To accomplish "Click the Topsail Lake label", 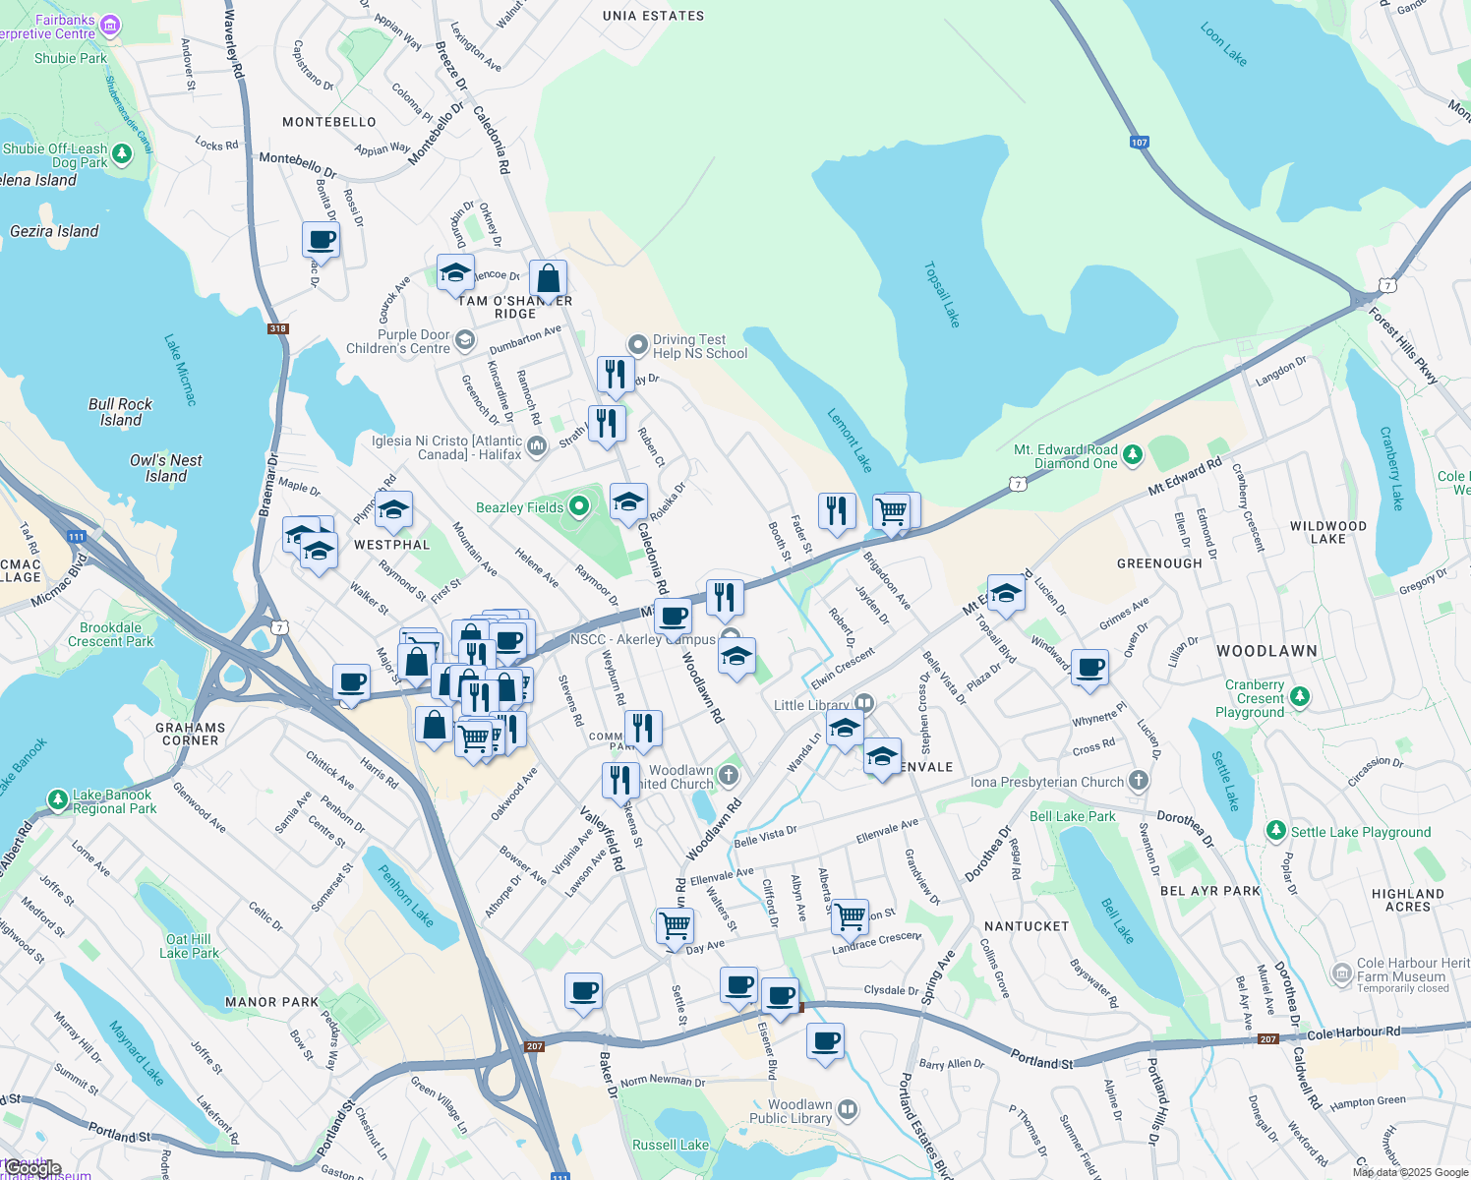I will click(941, 294).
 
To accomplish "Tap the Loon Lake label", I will click(1223, 45).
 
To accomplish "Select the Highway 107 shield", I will click(1139, 143).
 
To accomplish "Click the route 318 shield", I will click(278, 328).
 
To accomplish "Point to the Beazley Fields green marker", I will click(579, 506).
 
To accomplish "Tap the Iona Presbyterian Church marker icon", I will click(1138, 782).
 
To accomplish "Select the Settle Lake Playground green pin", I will click(1276, 831).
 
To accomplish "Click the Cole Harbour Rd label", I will click(1354, 1032).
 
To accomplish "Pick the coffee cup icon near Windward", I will click(1089, 668).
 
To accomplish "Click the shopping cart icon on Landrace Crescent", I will click(851, 916).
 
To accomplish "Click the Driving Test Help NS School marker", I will click(638, 344).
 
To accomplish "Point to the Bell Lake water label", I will click(1117, 920).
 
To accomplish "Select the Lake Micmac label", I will click(181, 370).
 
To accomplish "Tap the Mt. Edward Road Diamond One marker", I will click(1133, 455).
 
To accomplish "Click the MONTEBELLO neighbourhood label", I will click(329, 122).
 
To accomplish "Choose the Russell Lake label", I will click(671, 1145).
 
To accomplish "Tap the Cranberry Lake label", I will click(1390, 468).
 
